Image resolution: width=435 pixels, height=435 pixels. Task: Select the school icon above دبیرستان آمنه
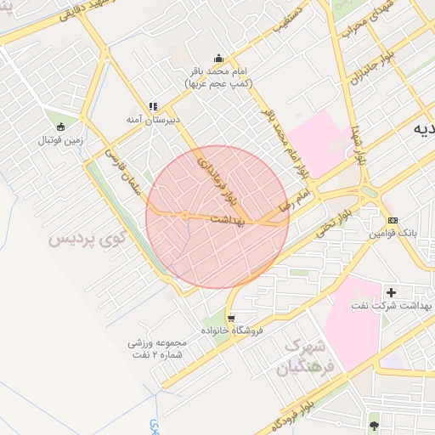153,106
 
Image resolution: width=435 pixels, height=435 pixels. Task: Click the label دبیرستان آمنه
153,120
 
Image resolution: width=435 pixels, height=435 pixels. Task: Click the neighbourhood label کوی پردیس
85,240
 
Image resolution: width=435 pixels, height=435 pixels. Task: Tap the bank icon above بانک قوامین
392,220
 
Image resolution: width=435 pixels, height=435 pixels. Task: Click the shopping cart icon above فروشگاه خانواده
220,318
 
